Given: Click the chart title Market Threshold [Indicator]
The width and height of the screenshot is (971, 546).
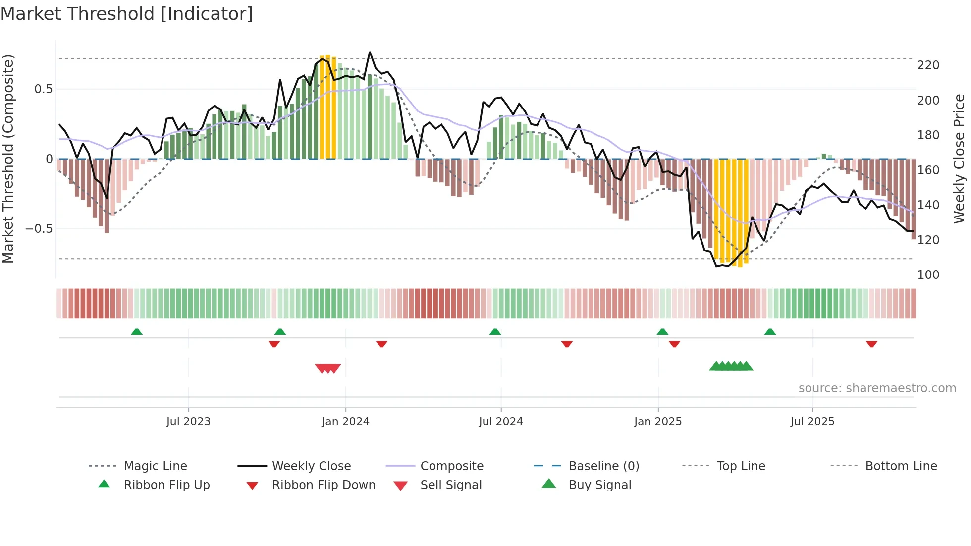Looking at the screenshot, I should pyautogui.click(x=127, y=14).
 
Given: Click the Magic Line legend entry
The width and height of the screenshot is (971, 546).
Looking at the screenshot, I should pyautogui.click(x=155, y=466).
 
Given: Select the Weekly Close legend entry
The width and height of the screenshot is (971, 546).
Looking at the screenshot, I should pyautogui.click(x=311, y=466).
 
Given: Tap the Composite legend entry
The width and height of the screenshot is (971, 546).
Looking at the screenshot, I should pyautogui.click(x=451, y=466).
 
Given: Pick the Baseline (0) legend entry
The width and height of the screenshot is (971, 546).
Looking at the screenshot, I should pyautogui.click(x=603, y=466).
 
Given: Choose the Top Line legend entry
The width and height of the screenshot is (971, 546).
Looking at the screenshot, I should pyautogui.click(x=741, y=466).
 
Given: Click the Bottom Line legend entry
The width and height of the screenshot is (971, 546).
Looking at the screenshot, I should pyautogui.click(x=901, y=466).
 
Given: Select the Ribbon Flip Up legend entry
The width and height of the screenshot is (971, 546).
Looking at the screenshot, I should pyautogui.click(x=166, y=485).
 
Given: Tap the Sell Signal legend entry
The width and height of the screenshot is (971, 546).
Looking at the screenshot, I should pyautogui.click(x=451, y=485).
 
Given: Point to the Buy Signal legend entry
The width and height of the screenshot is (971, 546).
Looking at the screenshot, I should pyautogui.click(x=599, y=485).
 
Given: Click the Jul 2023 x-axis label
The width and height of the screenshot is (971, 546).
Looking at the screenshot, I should pyautogui.click(x=188, y=422).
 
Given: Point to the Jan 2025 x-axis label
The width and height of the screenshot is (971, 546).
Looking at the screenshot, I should pyautogui.click(x=658, y=422).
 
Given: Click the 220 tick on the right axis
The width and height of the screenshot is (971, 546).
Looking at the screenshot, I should pyautogui.click(x=928, y=65).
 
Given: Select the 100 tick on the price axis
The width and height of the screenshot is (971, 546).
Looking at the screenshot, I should pyautogui.click(x=928, y=274).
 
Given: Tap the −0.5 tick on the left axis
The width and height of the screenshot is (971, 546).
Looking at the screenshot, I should pyautogui.click(x=39, y=229).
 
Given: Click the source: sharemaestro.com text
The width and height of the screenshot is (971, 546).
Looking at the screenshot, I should pyautogui.click(x=877, y=388).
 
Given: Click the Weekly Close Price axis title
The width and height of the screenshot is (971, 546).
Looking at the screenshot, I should pyautogui.click(x=959, y=159).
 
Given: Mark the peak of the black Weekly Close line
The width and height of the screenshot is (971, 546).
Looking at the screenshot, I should pyautogui.click(x=370, y=52).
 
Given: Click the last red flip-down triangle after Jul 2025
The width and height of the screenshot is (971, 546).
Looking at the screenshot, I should pyautogui.click(x=871, y=344).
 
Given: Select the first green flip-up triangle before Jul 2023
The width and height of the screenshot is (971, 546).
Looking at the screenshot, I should pyautogui.click(x=137, y=331).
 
